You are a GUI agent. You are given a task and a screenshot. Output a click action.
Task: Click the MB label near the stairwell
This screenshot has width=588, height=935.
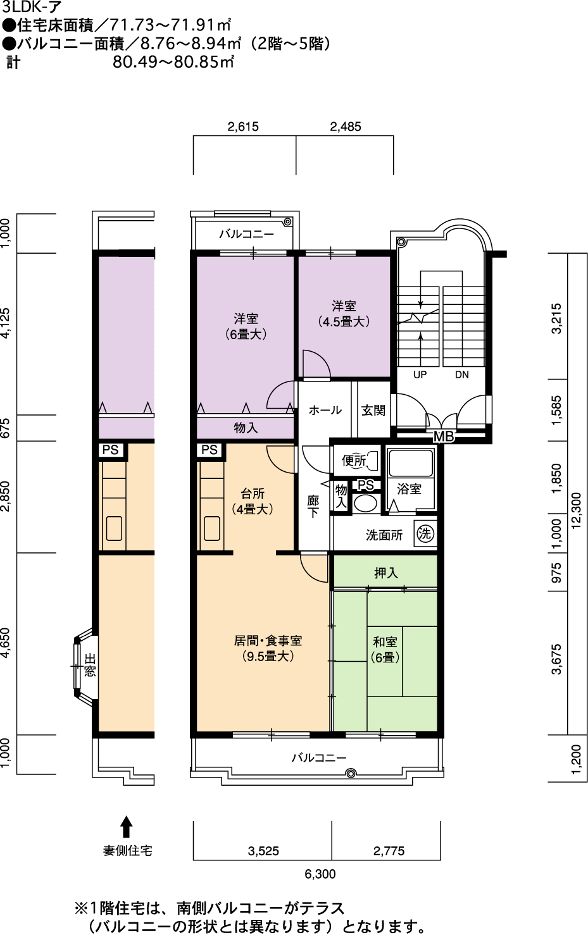coord(444,437)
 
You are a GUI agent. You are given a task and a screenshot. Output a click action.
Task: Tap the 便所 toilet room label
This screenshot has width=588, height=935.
coord(354,461)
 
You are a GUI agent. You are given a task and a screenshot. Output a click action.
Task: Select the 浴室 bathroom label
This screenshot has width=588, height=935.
coord(409,489)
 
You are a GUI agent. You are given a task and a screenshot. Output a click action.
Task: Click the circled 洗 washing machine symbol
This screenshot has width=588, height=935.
coord(425,533)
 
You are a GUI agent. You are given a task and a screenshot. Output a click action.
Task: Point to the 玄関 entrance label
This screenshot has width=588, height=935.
coord(373,411)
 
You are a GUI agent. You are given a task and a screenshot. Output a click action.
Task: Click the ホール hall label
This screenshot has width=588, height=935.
coord(325,411)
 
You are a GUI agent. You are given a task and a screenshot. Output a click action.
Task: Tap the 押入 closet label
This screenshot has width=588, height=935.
coord(385,573)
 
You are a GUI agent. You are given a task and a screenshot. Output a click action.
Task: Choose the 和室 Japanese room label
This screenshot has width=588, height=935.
coord(385,641)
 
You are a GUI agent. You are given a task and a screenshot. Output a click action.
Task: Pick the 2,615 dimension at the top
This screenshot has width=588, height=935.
coord(243,127)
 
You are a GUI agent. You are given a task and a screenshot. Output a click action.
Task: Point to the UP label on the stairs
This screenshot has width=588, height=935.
coord(420,375)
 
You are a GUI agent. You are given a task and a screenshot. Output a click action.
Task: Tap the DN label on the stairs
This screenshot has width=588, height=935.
coord(461,375)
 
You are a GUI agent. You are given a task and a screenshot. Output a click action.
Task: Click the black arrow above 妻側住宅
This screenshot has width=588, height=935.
coord(127,827)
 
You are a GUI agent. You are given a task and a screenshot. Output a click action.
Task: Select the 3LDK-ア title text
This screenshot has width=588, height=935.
coord(32,7)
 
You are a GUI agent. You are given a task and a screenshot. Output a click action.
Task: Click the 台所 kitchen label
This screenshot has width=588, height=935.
coord(253,494)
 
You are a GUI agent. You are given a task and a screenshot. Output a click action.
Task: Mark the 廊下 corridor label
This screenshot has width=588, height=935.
coord(313,507)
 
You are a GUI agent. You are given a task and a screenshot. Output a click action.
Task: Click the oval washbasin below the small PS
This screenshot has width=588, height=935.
coord(365,504)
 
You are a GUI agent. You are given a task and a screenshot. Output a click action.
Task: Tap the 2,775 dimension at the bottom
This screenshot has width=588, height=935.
coord(389,851)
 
